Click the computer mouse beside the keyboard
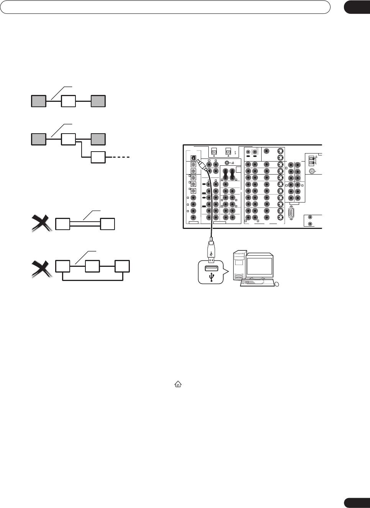click(x=277, y=284)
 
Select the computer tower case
click(x=239, y=267)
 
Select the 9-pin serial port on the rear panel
click(x=292, y=213)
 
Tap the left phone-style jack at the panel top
click(x=214, y=151)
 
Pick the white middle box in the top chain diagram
click(x=69, y=101)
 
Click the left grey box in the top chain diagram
click(x=38, y=101)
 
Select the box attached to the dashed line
click(x=98, y=157)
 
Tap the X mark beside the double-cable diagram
click(x=41, y=223)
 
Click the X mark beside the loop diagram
click(x=41, y=269)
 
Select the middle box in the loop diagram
click(x=92, y=266)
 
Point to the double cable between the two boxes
click(x=85, y=224)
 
